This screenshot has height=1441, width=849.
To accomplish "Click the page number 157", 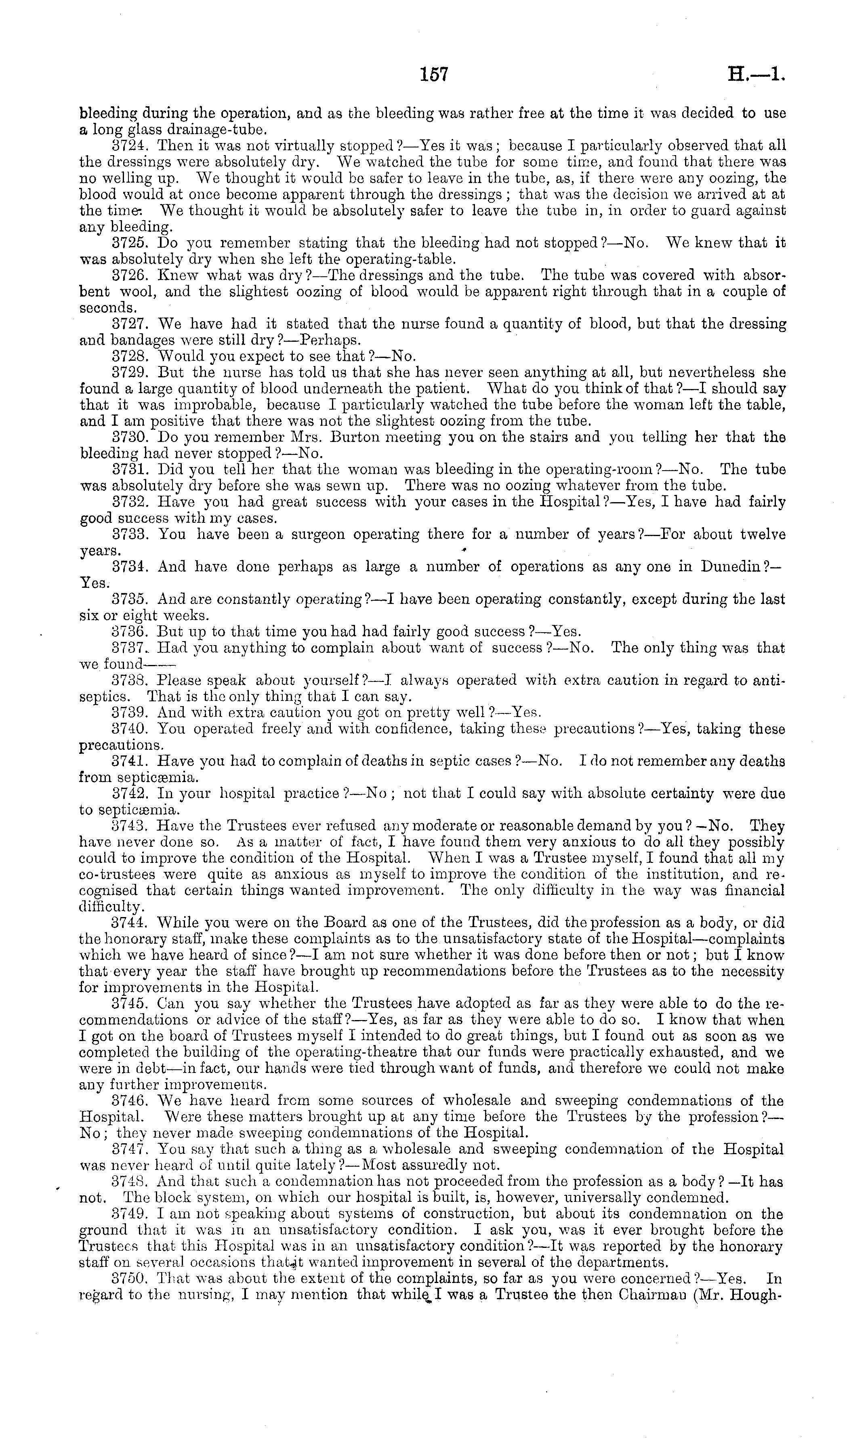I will click(x=434, y=74).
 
